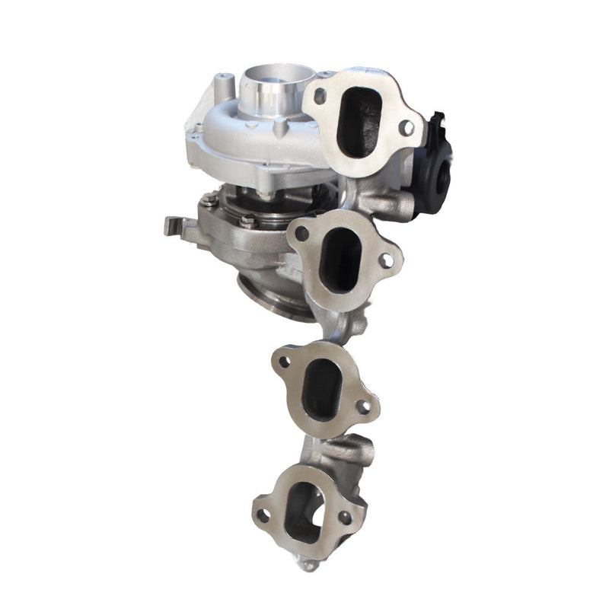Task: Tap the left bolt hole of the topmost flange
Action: click(320, 96)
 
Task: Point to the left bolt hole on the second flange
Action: click(301, 234)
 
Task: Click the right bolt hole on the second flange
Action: click(386, 260)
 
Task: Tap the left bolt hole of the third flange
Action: click(284, 362)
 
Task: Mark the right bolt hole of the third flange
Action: click(363, 407)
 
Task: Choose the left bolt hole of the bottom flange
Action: click(263, 515)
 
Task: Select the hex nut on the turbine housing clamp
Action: click(248, 221)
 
